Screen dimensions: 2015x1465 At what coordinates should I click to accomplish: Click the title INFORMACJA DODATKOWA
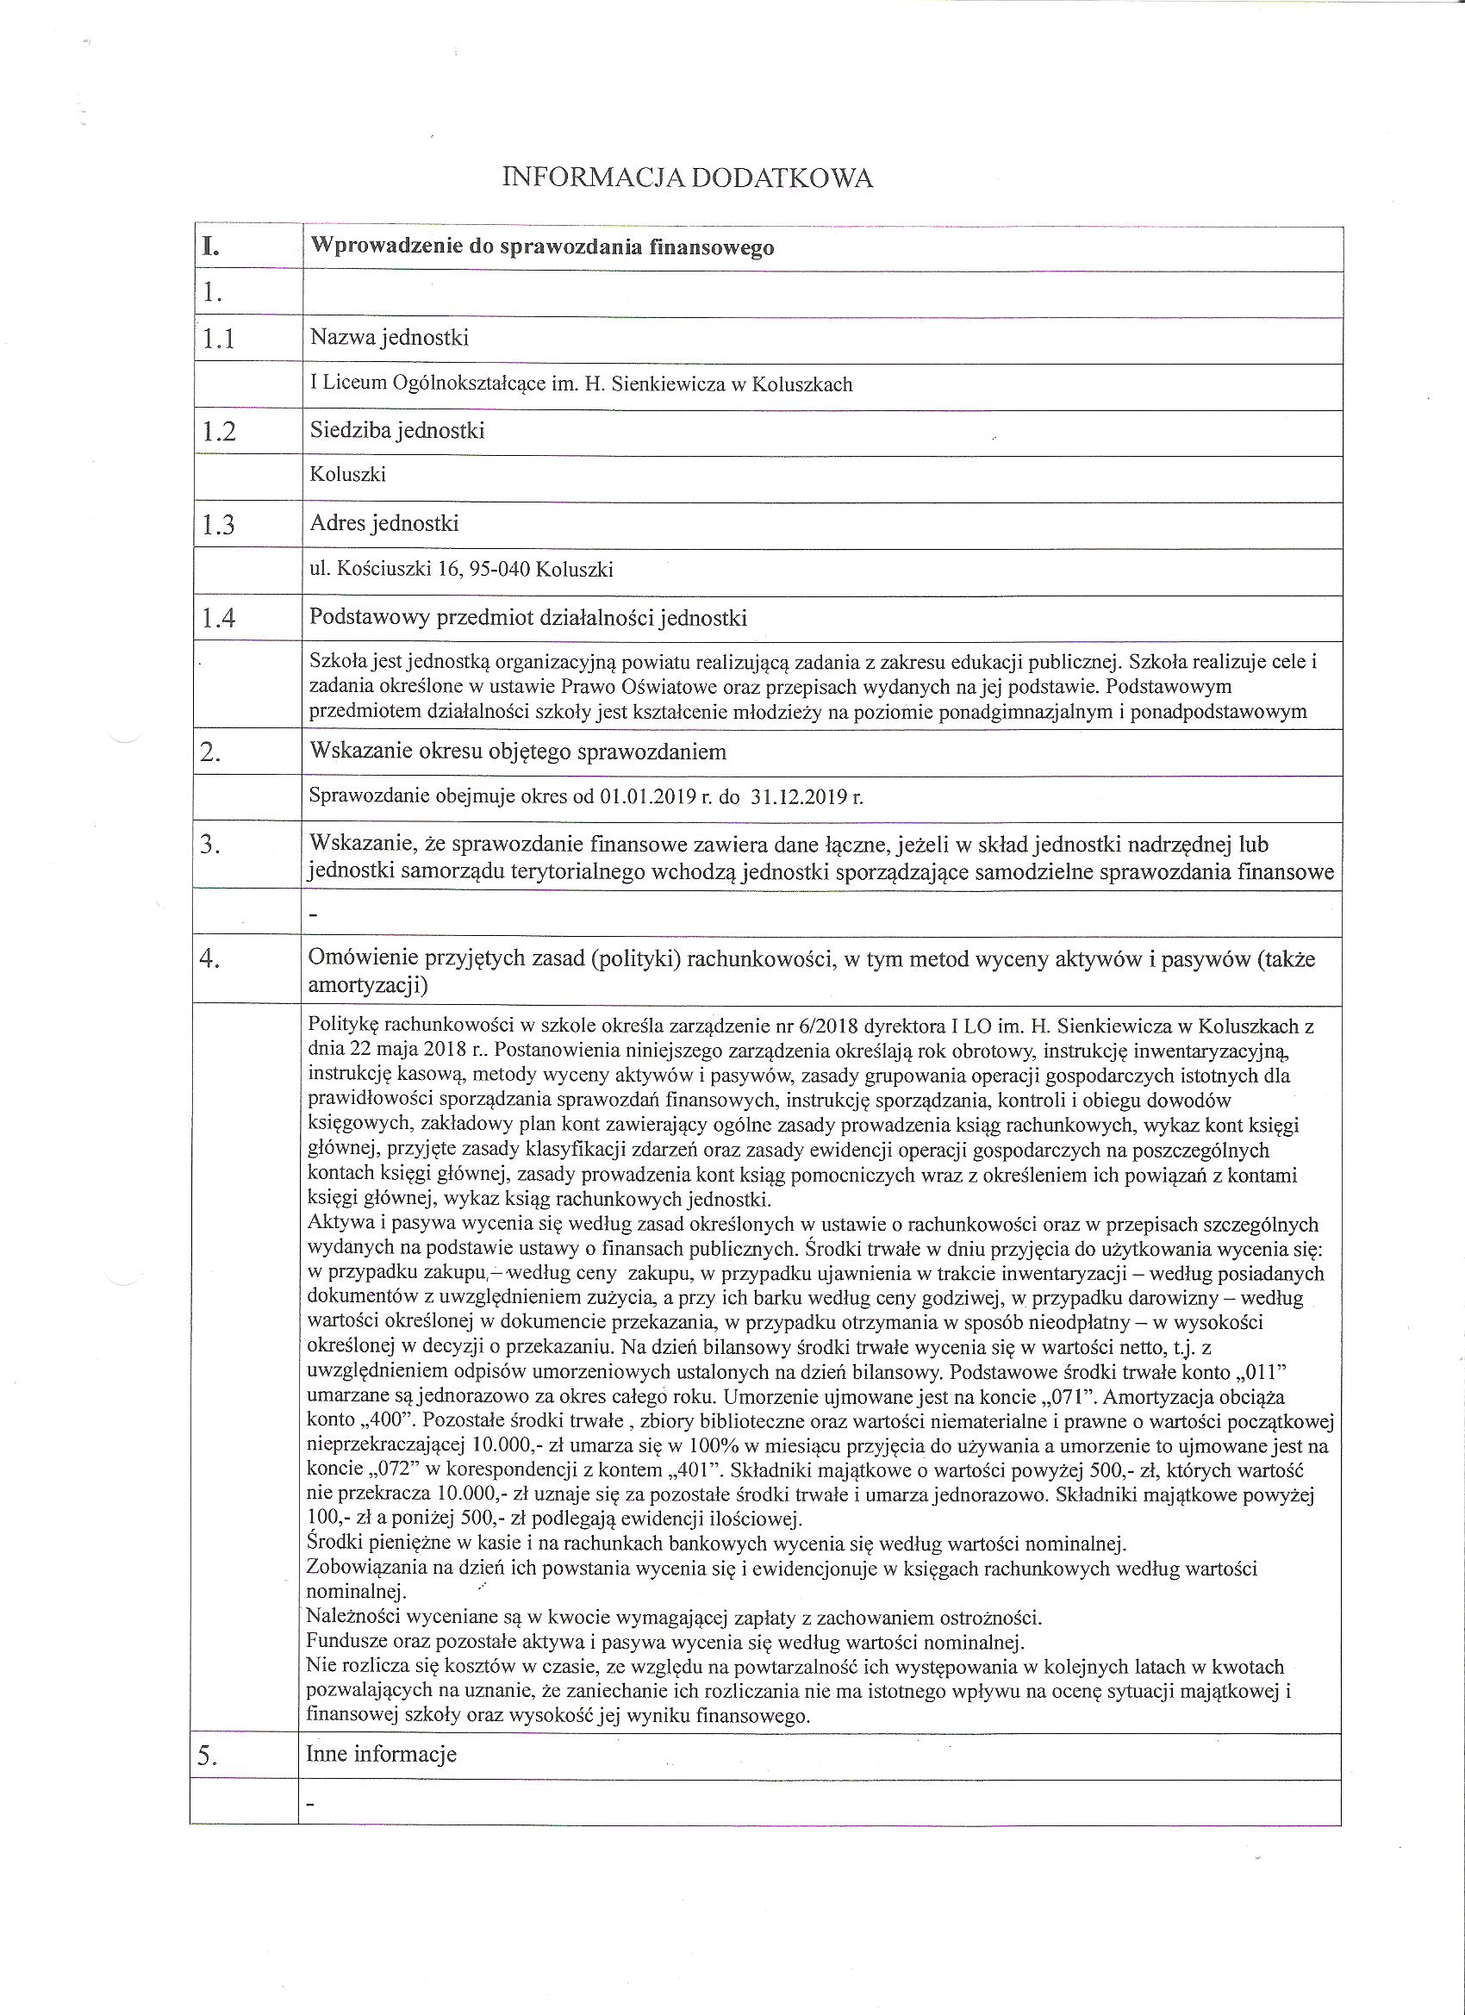[x=687, y=179]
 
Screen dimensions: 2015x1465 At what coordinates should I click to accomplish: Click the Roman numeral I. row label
[x=210, y=247]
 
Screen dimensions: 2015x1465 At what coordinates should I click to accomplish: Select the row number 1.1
[x=218, y=340]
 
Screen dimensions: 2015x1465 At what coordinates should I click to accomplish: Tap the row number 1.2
[x=219, y=432]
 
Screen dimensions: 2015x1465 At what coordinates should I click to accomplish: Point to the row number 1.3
[x=218, y=525]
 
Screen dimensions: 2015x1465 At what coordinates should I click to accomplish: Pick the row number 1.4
[x=219, y=618]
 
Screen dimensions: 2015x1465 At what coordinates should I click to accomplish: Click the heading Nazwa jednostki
[x=390, y=338]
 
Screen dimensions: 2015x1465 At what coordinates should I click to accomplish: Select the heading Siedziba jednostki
[x=397, y=431]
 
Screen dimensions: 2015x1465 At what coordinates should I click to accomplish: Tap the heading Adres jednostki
[x=383, y=523]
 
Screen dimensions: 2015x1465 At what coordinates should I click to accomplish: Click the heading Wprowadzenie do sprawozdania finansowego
[x=541, y=248]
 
